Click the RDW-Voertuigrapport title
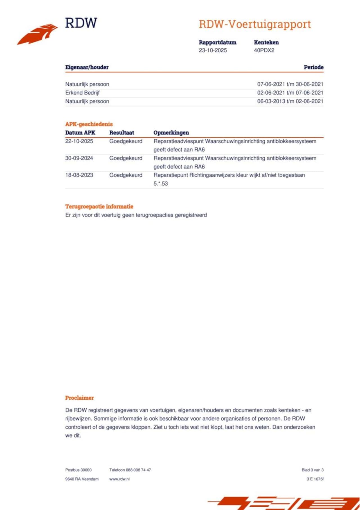coord(255,24)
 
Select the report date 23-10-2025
coord(213,50)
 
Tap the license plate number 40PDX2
coord(264,50)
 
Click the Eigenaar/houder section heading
coord(87,67)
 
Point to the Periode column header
coord(313,67)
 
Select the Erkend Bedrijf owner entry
coord(82,93)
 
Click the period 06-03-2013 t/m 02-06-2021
coord(290,101)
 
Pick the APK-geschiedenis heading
coord(89,124)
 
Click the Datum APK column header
coord(80,133)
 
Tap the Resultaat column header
coord(121,133)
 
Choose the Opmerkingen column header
coord(171,133)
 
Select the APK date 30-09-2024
coord(79,158)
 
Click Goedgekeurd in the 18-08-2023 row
coord(126,175)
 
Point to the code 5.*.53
coord(161,184)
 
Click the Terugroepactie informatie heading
coord(99,207)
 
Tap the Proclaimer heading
coord(80,398)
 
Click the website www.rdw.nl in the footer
coord(119,479)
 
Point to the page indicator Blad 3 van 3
coord(312,470)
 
